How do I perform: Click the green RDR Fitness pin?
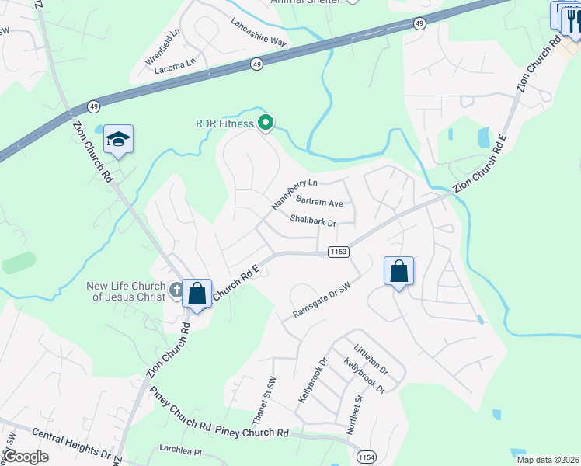pyautogui.click(x=266, y=123)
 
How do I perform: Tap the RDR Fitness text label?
pyautogui.click(x=224, y=123)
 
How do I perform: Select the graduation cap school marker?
pyautogui.click(x=119, y=139)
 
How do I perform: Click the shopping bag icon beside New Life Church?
pyautogui.click(x=197, y=294)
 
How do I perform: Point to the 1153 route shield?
pyautogui.click(x=338, y=252)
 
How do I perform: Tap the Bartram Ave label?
pyautogui.click(x=319, y=203)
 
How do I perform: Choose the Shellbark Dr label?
pyautogui.click(x=312, y=221)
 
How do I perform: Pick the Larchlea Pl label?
pyautogui.click(x=179, y=450)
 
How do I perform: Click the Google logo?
pyautogui.click(x=26, y=457)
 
